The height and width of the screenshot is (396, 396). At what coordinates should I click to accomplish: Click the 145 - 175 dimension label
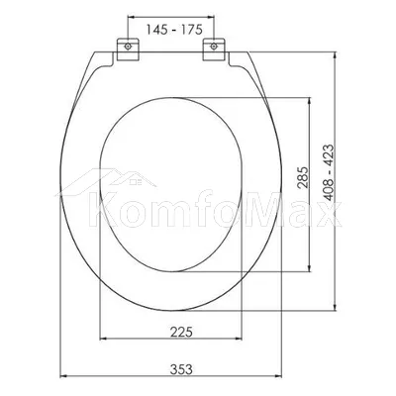[174, 30]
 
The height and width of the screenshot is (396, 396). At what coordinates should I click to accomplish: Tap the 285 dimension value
[303, 177]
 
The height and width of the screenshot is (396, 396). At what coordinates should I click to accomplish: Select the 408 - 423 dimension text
[329, 172]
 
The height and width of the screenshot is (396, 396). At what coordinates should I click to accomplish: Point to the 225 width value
[181, 332]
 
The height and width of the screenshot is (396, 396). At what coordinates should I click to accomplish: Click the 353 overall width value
[181, 369]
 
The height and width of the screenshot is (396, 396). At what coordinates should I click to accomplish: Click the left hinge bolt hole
[128, 47]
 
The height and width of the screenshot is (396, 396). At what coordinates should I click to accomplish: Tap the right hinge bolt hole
[214, 47]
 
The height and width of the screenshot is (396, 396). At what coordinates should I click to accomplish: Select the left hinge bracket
[128, 49]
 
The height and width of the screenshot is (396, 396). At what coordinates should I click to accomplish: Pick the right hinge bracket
[214, 49]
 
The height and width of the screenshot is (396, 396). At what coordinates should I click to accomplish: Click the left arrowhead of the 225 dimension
[103, 339]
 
